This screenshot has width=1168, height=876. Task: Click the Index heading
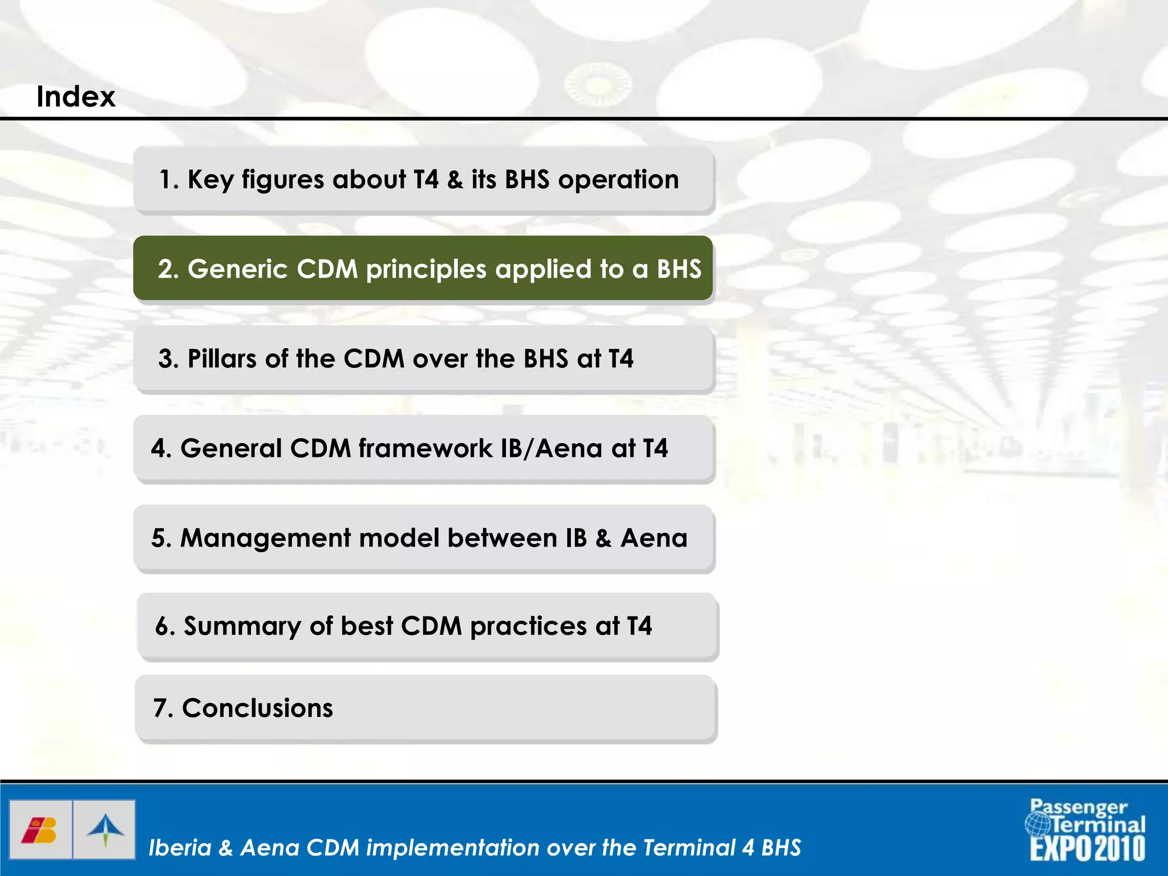[x=76, y=96]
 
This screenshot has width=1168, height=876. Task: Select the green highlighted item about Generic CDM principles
[x=423, y=268]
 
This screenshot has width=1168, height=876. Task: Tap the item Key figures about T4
[x=423, y=180]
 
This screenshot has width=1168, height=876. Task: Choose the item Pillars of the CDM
[x=423, y=359]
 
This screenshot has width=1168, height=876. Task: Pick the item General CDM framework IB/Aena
[x=423, y=448]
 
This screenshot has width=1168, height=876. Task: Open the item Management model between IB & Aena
[x=423, y=538]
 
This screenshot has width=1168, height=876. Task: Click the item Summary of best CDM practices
[x=427, y=626]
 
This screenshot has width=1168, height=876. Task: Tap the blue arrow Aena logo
[x=105, y=830]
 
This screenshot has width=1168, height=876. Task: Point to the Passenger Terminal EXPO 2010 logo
[x=1087, y=830]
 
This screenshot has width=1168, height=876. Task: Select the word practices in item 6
[x=528, y=627]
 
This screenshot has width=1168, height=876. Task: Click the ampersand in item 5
[x=603, y=538]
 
